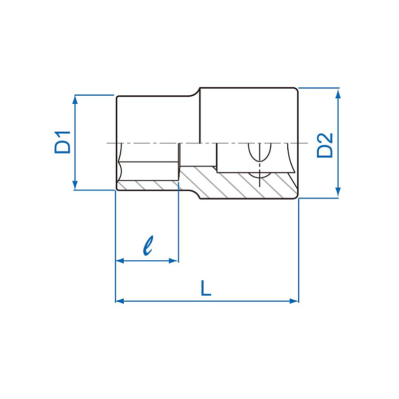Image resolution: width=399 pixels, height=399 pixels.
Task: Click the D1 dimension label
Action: point(63,142)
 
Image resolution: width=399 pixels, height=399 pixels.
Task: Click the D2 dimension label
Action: point(325,145)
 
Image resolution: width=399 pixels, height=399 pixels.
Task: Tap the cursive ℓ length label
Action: point(148,245)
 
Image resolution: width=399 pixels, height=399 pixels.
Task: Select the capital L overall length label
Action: point(206,288)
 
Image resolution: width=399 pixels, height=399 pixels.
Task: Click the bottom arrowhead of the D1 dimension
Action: point(75,185)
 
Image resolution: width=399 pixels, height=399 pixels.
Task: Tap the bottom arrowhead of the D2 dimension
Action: point(338,193)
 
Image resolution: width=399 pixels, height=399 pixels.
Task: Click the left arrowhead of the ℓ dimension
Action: point(120,261)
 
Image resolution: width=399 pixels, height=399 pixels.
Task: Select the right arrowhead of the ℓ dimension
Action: point(174,261)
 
